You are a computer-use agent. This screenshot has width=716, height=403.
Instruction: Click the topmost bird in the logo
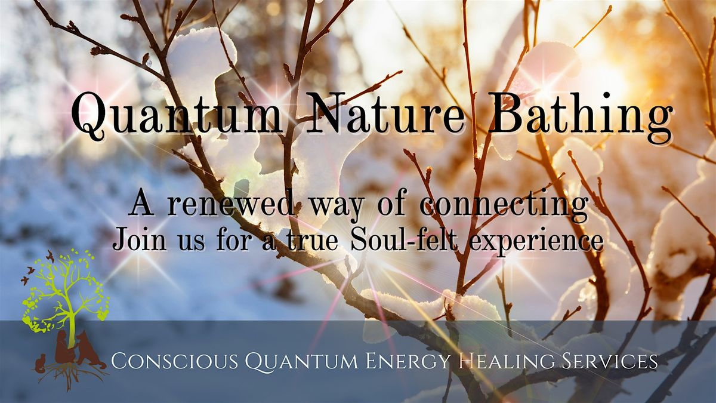[50, 256]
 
